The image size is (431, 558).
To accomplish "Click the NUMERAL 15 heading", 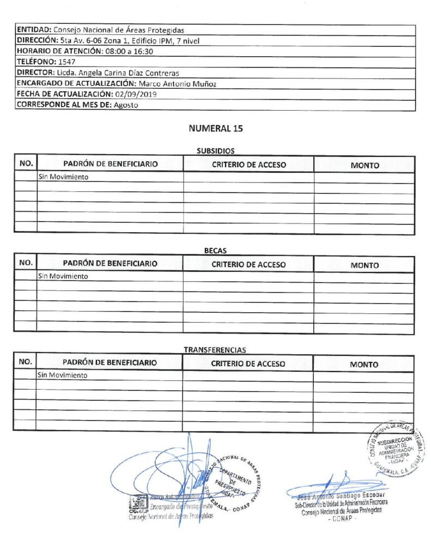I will point(215,129).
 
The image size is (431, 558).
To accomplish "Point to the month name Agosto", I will point(126,105).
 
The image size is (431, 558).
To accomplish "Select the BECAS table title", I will point(215,251).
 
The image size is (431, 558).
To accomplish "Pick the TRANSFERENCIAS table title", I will point(215,350).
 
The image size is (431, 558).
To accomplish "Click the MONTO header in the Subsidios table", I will point(365,166).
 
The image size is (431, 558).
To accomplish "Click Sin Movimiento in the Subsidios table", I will point(63,177).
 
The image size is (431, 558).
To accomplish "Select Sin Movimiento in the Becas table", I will point(63,276).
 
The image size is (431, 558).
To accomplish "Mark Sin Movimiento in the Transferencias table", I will point(63,375).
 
